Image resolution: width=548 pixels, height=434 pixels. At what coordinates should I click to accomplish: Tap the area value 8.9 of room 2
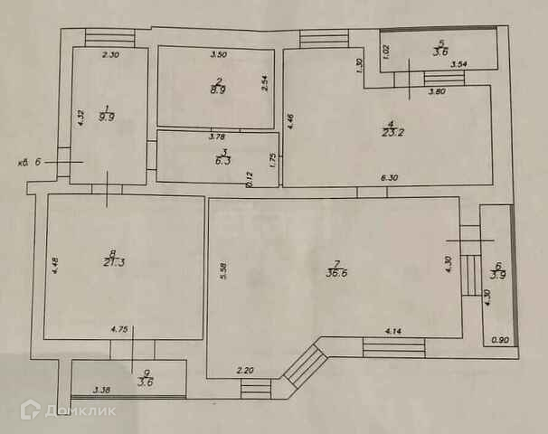click(x=218, y=90)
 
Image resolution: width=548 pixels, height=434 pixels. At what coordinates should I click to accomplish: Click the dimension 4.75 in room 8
click(x=120, y=331)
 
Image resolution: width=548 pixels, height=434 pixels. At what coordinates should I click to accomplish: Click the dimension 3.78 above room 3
click(x=217, y=137)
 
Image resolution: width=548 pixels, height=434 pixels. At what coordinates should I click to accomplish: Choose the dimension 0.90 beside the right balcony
click(x=499, y=340)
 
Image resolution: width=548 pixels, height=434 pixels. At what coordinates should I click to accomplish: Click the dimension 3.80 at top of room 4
click(x=437, y=91)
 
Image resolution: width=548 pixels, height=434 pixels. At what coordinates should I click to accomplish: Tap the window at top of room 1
click(x=110, y=38)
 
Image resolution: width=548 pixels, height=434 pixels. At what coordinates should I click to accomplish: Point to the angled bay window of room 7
click(x=304, y=368)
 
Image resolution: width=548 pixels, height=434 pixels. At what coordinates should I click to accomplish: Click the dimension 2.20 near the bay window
click(x=246, y=371)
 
